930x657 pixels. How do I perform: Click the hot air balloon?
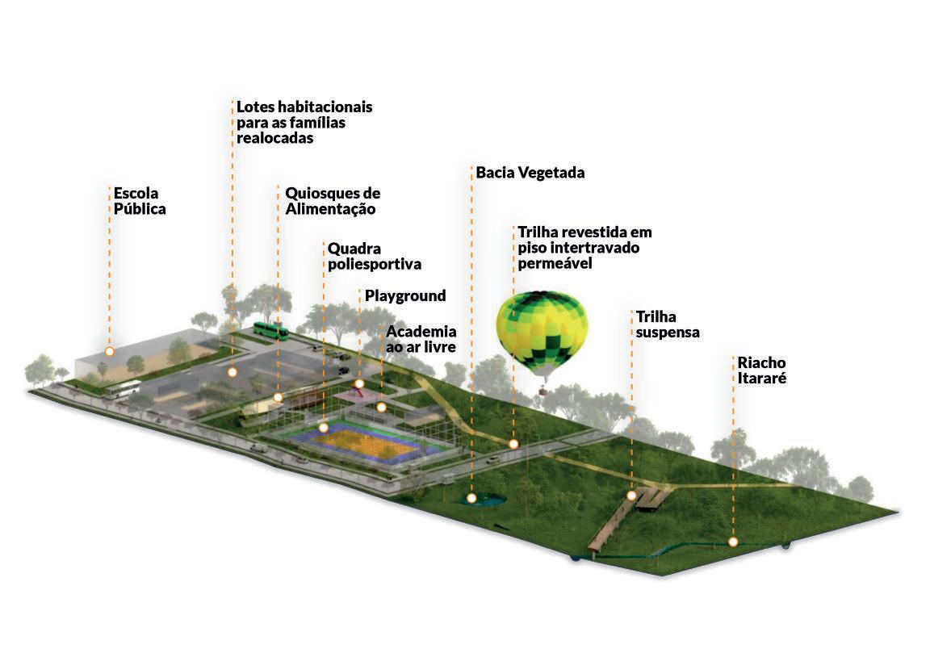click(x=542, y=331)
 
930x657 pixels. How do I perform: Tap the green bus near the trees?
click(x=270, y=329)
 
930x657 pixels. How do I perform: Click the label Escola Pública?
click(x=139, y=201)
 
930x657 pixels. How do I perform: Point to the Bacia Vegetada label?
click(x=530, y=173)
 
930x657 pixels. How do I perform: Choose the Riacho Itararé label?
click(x=760, y=370)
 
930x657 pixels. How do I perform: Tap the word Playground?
click(x=404, y=296)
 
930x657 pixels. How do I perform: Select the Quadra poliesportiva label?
click(x=374, y=256)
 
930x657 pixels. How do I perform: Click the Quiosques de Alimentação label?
click(x=332, y=201)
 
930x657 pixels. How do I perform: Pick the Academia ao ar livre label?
click(x=421, y=339)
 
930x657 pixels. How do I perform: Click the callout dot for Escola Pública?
click(x=109, y=352)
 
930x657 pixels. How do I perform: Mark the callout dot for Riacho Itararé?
click(x=733, y=542)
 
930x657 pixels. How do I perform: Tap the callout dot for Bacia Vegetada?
click(x=471, y=499)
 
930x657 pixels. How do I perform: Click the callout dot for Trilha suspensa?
click(x=631, y=496)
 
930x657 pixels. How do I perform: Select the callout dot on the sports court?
click(x=323, y=428)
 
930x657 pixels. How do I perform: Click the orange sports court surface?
click(x=363, y=444)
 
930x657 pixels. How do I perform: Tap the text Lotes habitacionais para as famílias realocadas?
click(x=304, y=122)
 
